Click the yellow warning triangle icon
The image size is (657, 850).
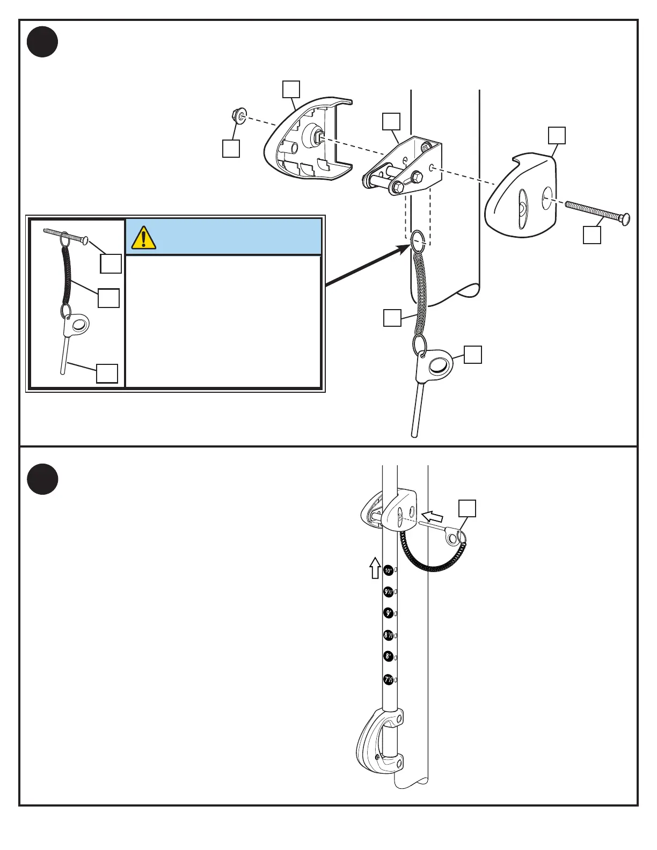(144, 238)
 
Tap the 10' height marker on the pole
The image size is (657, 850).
(389, 570)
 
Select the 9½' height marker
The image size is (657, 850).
(389, 592)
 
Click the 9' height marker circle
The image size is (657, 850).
(389, 613)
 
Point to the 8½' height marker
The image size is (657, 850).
(389, 635)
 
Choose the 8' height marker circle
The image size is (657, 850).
(389, 656)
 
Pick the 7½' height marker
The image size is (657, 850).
(389, 679)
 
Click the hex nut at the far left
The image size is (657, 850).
(237, 115)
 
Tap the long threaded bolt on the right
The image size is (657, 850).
(597, 212)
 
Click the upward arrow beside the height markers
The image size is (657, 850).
(375, 568)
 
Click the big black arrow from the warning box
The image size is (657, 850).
(365, 265)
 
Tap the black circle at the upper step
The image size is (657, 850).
(42, 41)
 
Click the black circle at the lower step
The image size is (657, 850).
(42, 479)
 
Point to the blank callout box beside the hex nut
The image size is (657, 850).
(231, 149)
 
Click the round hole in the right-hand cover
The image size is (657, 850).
(547, 198)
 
